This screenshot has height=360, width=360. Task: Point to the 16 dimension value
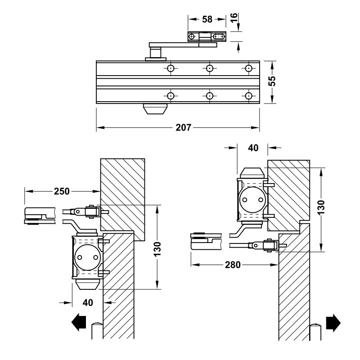(x=234, y=18)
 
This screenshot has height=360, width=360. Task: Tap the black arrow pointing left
(x=79, y=323)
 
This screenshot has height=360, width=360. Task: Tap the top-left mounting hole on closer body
(x=171, y=68)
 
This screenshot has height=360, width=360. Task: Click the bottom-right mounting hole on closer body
(x=248, y=95)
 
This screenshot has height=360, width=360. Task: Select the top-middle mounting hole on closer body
(x=209, y=68)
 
